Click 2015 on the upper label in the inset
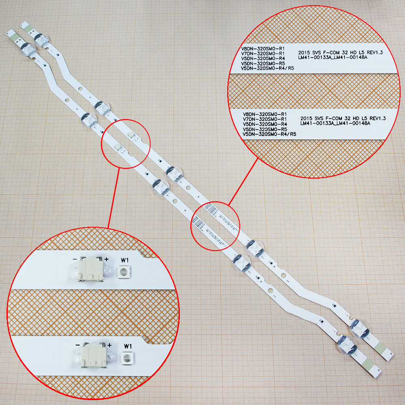(x=305, y=52)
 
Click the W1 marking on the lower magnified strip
(x=128, y=346)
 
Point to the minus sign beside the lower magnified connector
(x=77, y=345)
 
